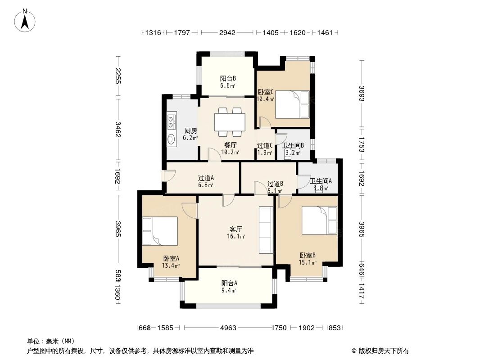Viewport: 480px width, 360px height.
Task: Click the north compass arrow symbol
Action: click(25, 21)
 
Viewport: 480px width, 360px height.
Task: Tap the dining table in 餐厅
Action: click(230, 122)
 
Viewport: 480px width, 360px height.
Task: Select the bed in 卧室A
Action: click(160, 231)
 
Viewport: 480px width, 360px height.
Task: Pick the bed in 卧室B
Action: click(319, 220)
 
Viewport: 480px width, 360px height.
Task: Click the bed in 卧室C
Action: click(292, 104)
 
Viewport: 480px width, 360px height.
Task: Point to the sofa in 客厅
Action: click(266, 229)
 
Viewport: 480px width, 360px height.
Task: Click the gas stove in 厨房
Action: click(172, 121)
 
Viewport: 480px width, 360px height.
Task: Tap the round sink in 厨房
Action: click(171, 139)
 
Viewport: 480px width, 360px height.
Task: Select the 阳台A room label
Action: click(229, 283)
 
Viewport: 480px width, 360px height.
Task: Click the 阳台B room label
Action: click(228, 79)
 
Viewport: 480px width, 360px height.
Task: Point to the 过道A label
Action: click(206, 178)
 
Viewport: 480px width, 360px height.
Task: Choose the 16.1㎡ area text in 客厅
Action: click(235, 236)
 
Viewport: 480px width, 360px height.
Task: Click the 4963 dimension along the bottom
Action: click(228, 328)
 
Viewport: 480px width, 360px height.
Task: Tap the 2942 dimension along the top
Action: click(227, 32)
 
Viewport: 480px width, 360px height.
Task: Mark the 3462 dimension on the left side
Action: click(118, 130)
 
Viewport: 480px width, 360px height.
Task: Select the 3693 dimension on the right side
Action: click(362, 94)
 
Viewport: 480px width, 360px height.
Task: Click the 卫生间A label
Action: click(321, 181)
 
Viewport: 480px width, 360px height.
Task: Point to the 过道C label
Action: click(264, 146)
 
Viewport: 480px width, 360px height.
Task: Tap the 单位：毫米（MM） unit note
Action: click(51, 341)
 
